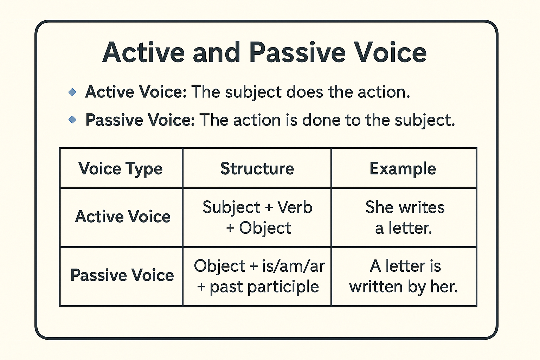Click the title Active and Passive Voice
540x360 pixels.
(264, 52)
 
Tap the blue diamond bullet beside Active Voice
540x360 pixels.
(72, 92)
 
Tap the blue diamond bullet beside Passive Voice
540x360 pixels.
(72, 120)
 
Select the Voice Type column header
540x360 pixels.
(121, 169)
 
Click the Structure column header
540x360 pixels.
(257, 168)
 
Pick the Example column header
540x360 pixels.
(403, 168)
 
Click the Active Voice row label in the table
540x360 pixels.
(123, 216)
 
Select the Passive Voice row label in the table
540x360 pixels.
(122, 275)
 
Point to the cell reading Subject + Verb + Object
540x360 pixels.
(257, 218)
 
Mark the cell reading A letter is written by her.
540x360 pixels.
(404, 276)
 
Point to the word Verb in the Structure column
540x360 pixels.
(295, 207)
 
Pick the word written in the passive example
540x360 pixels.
(376, 287)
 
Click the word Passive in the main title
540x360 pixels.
(297, 52)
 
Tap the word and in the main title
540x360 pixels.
(217, 52)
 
